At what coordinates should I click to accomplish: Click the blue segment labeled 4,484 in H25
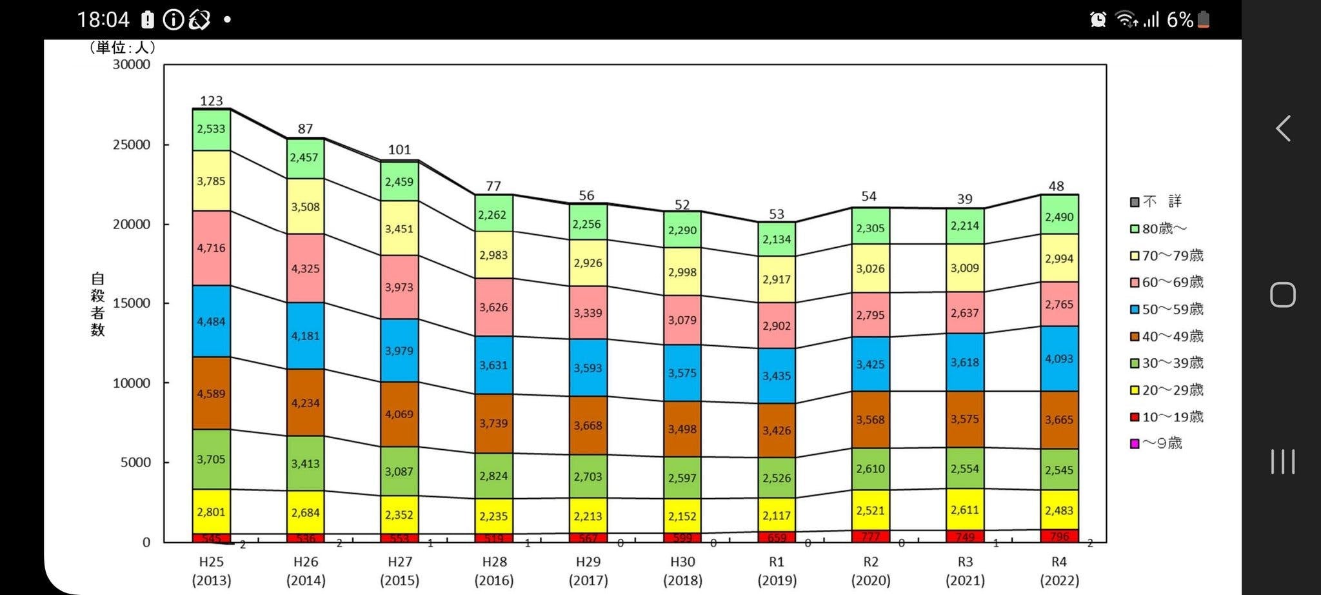coord(211,321)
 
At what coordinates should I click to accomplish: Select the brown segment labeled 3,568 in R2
coord(870,419)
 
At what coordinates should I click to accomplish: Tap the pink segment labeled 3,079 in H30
coord(682,320)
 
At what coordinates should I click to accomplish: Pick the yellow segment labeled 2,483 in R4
coord(1059,510)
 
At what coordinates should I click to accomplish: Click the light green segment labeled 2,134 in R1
coord(776,239)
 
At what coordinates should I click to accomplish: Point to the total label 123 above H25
coord(211,101)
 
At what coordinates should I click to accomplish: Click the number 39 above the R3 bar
coord(964,199)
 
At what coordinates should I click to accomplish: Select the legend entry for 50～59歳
coord(1167,309)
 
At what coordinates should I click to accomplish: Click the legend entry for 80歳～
coord(1159,228)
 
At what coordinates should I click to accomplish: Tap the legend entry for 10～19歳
coord(1167,417)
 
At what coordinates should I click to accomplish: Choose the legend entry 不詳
coord(1157,201)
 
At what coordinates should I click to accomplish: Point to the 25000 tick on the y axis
coord(132,145)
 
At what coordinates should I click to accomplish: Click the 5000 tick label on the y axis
coord(135,462)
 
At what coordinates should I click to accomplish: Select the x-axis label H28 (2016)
coord(494,570)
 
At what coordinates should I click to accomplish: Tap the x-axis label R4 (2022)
coord(1059,570)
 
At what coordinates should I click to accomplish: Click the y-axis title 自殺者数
coord(97,304)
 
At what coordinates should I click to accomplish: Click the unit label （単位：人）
coord(122,47)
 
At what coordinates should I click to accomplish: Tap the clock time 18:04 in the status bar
coord(103,20)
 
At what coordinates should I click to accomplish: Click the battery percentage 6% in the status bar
coord(1180,20)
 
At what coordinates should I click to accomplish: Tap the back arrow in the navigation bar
coord(1283,128)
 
